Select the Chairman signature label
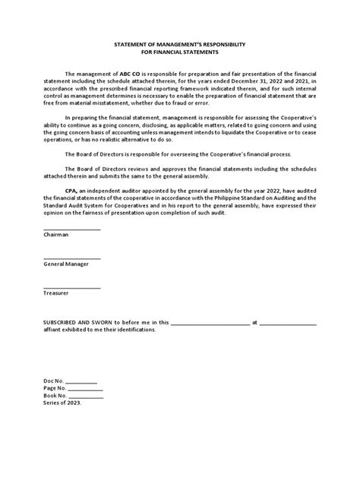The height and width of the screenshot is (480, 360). [55, 235]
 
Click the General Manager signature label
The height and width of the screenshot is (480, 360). [66, 264]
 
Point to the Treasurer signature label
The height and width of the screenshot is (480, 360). [56, 292]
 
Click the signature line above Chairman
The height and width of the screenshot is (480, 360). [71, 229]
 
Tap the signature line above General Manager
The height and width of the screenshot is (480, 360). [71, 257]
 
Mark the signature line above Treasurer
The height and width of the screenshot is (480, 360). [71, 286]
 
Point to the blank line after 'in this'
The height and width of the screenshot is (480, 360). [210, 324]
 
